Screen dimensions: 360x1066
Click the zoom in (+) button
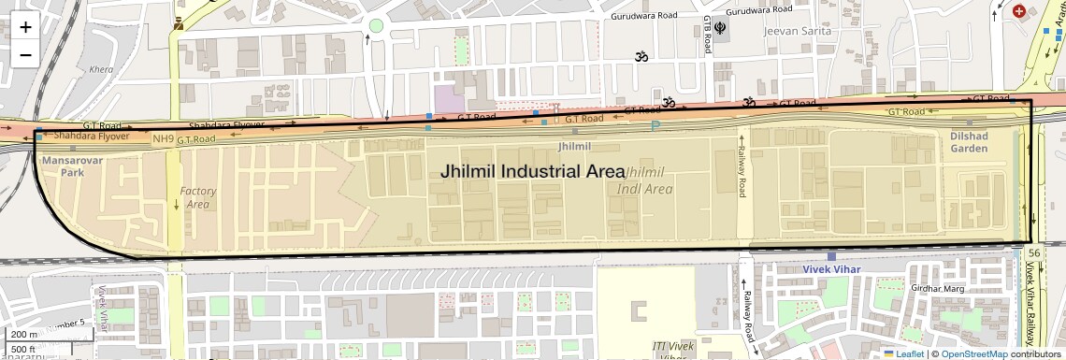point(25,26)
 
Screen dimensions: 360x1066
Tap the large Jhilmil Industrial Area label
point(532,172)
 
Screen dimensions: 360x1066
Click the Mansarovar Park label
point(63,166)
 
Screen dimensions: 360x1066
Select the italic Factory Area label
point(197,197)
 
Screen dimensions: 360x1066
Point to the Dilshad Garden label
point(969,142)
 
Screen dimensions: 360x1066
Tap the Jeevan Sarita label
point(796,31)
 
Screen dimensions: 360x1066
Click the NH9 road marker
point(163,139)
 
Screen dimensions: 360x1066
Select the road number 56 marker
point(1033,253)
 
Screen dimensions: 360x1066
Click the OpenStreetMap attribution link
point(974,354)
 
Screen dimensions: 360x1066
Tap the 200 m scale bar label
point(25,334)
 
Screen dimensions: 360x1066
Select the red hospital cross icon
point(1018,11)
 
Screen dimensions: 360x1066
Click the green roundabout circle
point(376,26)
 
